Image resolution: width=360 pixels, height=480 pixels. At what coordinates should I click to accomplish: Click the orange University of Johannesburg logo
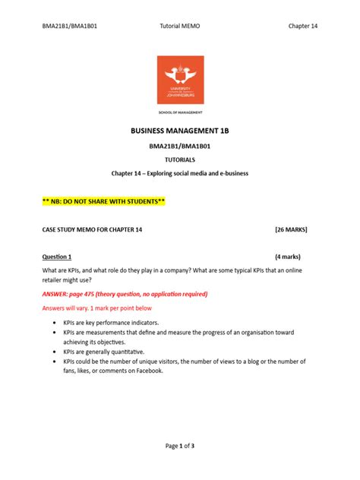coord(180,81)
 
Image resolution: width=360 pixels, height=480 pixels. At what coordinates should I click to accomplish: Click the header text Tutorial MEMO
coord(180,26)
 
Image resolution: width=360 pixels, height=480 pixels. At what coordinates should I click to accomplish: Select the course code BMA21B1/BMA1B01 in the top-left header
coord(69,26)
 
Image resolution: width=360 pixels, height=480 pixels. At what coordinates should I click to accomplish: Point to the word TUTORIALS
coord(180,159)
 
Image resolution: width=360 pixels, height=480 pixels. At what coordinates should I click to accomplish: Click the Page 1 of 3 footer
coord(180,445)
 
